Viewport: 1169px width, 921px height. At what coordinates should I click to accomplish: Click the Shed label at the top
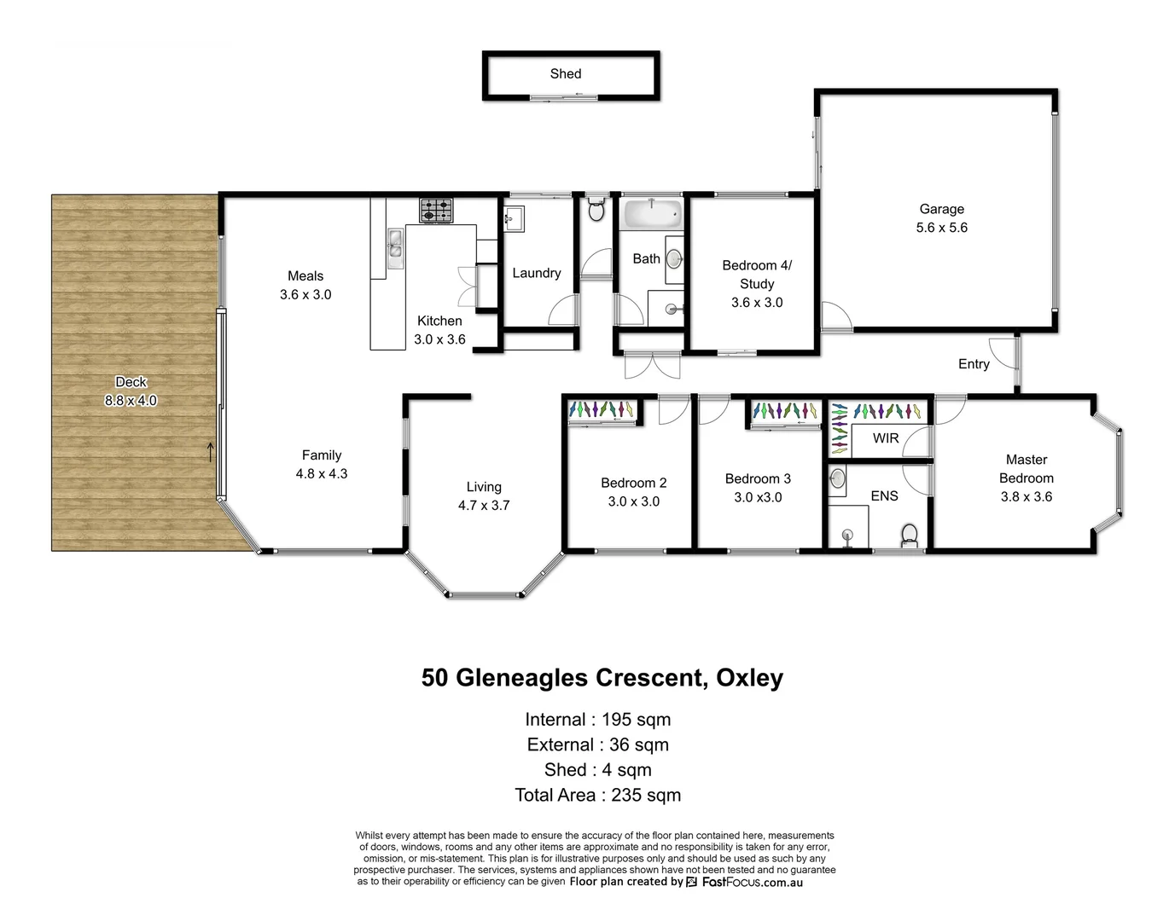[565, 74]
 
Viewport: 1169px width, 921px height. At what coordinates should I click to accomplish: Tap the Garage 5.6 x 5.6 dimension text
[941, 228]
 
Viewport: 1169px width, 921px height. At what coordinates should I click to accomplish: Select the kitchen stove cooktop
[436, 210]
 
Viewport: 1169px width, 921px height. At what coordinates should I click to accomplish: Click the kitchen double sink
[394, 249]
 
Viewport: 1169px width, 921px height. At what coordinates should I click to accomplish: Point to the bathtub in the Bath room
[651, 212]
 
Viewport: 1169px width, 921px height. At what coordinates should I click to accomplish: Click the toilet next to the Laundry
[596, 209]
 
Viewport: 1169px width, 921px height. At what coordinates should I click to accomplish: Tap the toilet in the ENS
[910, 535]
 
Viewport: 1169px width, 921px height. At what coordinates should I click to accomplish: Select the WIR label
[885, 438]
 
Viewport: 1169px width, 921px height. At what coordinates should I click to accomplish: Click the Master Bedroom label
[1026, 469]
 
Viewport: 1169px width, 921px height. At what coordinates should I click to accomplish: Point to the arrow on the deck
[211, 452]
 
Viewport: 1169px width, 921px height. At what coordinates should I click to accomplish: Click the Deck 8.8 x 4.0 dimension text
[131, 401]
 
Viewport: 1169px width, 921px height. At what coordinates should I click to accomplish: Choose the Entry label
[973, 364]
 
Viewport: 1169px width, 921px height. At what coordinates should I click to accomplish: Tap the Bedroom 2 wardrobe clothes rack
[602, 410]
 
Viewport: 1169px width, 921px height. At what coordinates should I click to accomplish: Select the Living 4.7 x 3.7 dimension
[483, 506]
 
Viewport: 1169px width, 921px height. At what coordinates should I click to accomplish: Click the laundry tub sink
[515, 219]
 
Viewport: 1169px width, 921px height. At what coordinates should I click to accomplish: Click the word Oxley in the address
[749, 678]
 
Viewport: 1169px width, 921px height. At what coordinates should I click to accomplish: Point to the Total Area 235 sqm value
[646, 795]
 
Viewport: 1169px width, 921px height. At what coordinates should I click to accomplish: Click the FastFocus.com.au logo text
[751, 883]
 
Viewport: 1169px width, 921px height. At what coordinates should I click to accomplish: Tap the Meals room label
[305, 276]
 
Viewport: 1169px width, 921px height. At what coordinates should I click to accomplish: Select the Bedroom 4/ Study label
[756, 275]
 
